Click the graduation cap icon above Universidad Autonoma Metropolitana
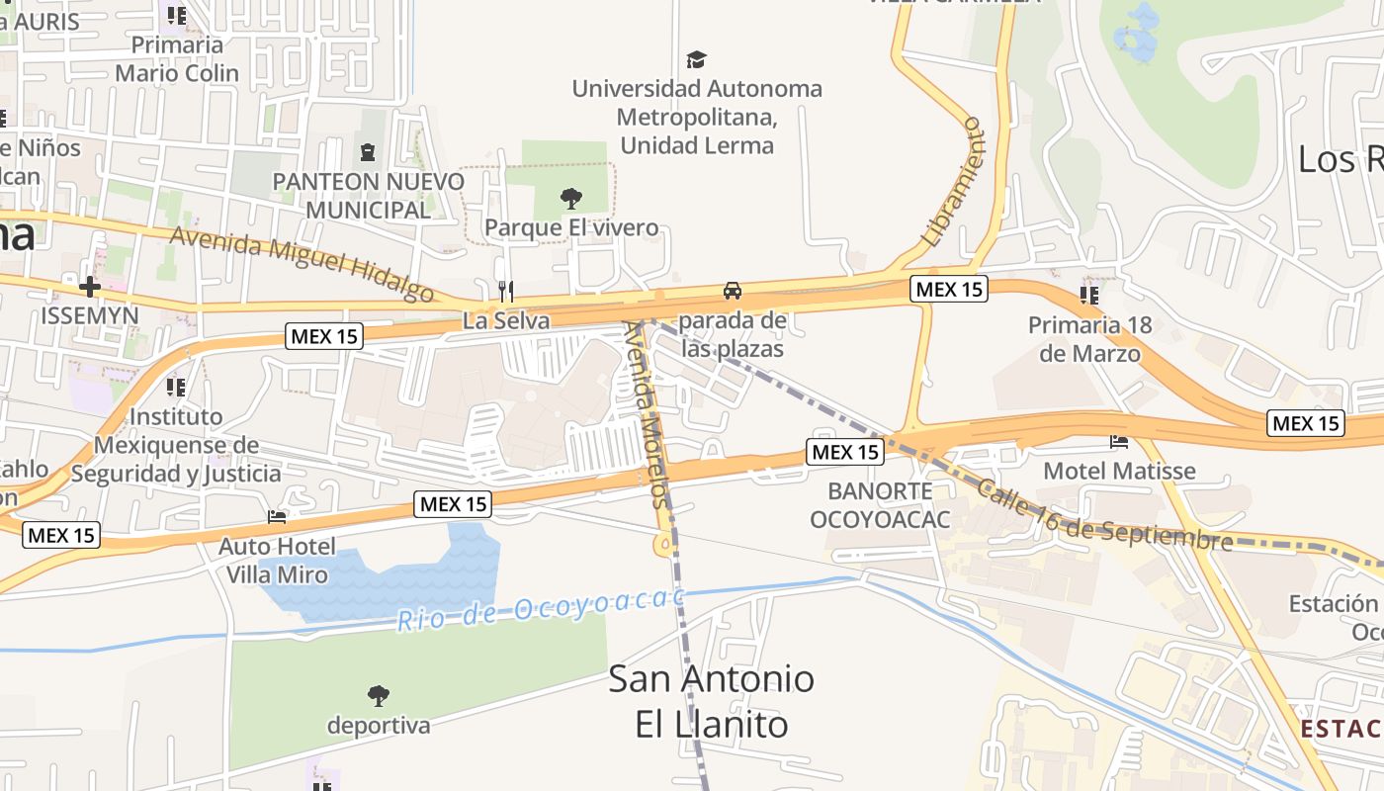(x=697, y=59)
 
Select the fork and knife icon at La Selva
(x=506, y=291)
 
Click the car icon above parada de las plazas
(x=733, y=290)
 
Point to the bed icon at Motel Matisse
(x=1119, y=441)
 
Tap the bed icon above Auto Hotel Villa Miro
(x=277, y=516)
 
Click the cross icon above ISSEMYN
(x=90, y=287)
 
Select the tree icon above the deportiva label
(x=379, y=696)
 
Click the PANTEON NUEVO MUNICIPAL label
(x=369, y=196)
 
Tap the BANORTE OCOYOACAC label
(x=880, y=504)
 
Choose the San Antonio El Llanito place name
(x=712, y=701)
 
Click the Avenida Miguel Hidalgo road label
(x=302, y=262)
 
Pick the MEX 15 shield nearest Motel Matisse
(x=1306, y=423)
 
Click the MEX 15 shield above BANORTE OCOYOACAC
(x=844, y=452)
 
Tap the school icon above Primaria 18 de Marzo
(x=1090, y=295)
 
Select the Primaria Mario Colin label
(x=177, y=58)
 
